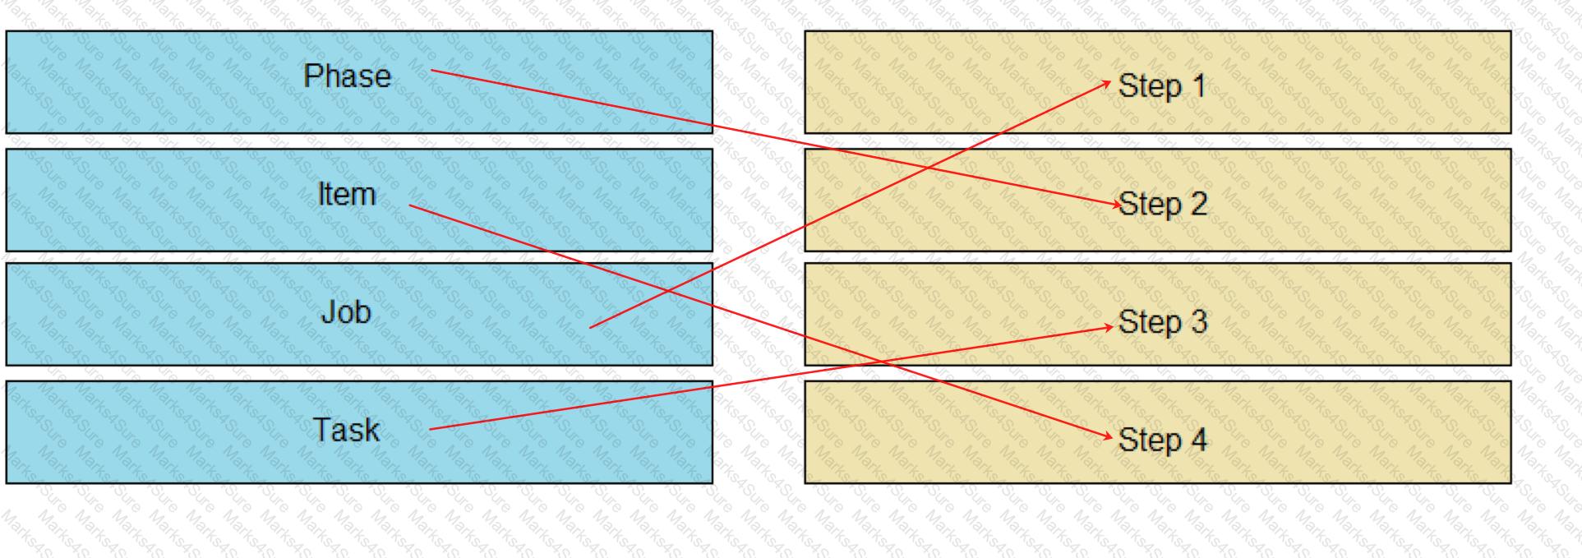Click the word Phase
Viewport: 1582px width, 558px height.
click(x=347, y=76)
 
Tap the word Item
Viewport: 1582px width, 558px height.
click(x=347, y=194)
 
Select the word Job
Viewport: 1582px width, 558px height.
click(x=346, y=312)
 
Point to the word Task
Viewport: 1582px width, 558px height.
click(x=346, y=430)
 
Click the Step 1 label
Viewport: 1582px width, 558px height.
click(x=1162, y=86)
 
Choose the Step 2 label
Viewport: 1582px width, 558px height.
click(x=1163, y=204)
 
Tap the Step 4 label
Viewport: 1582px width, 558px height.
click(x=1163, y=440)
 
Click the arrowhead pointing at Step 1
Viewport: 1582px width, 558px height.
click(x=1106, y=83)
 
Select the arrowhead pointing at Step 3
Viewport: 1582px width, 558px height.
click(x=1106, y=327)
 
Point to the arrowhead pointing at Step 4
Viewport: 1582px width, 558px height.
click(x=1106, y=436)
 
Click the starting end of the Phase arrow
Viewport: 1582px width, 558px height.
click(x=431, y=71)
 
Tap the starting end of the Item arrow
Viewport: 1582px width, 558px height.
click(x=409, y=205)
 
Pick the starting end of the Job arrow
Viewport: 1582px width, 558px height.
click(x=590, y=328)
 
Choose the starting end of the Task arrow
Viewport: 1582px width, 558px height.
click(x=430, y=429)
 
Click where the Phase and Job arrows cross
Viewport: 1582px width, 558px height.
click(x=926, y=168)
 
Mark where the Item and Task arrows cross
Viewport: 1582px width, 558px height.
click(x=877, y=362)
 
